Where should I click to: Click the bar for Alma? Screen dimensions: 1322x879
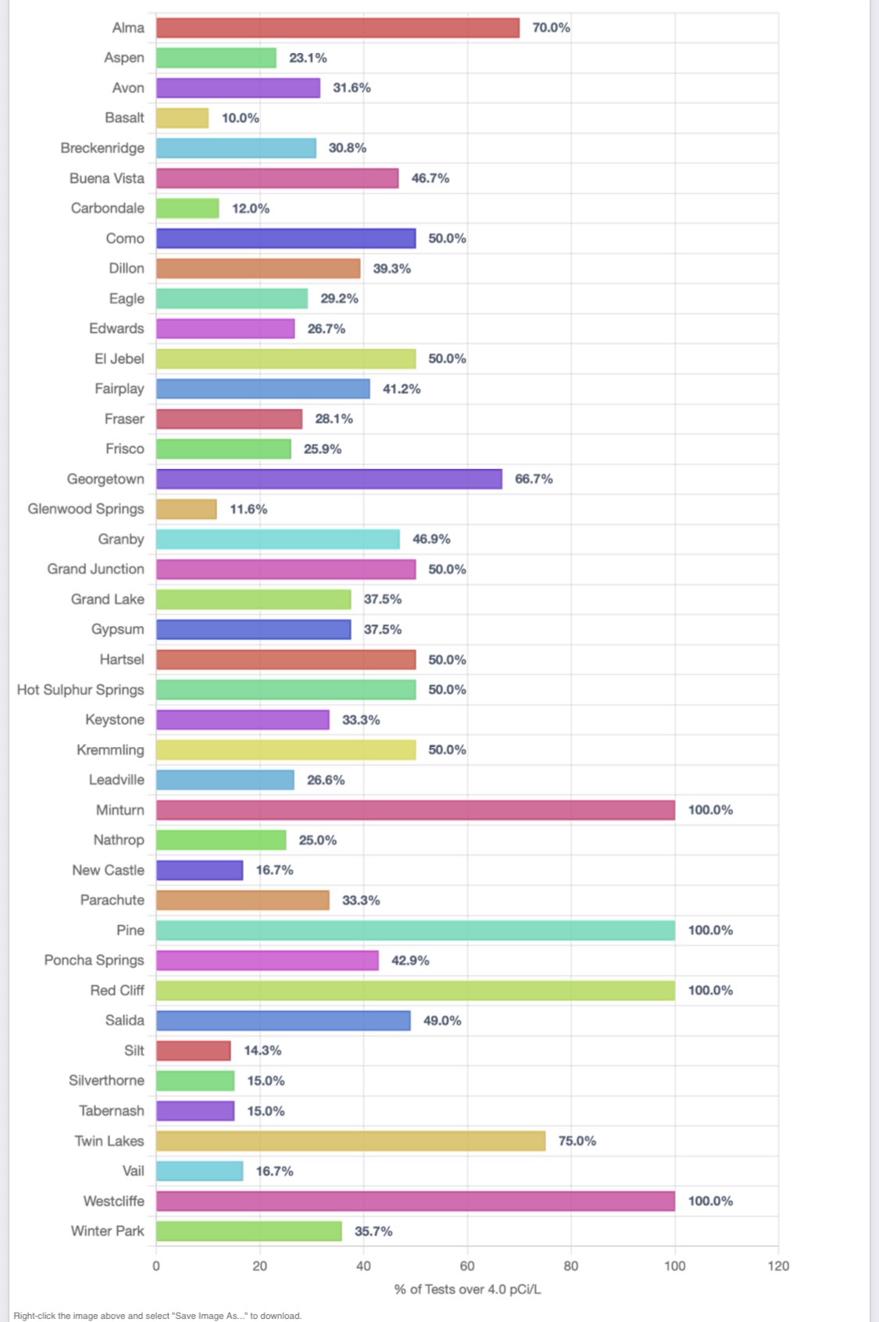[x=338, y=28]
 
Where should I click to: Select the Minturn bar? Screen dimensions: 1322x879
[x=415, y=810]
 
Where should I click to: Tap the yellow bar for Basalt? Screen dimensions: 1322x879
[x=182, y=118]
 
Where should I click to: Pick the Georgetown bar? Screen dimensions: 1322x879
[x=329, y=479]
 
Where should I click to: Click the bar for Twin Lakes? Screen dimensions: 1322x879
[x=351, y=1141]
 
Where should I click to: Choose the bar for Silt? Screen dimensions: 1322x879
[x=193, y=1051]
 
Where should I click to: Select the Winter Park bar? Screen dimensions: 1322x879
[x=248, y=1231]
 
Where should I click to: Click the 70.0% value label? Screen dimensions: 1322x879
[x=551, y=28]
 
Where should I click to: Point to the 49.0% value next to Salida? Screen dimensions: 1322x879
[x=442, y=1020]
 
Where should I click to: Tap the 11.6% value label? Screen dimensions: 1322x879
[x=248, y=509]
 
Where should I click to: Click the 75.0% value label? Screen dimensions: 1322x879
[x=577, y=1141]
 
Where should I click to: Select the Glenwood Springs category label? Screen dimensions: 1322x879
[x=86, y=509]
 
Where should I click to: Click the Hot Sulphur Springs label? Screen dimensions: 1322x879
[x=80, y=690]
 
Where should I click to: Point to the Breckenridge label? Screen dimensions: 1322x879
[x=102, y=148]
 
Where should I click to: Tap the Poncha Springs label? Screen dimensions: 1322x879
[x=94, y=960]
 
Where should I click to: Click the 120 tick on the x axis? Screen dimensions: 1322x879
[x=778, y=1266]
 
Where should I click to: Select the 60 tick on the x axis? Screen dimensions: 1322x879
[x=467, y=1266]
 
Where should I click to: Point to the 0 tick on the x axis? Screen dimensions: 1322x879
[x=156, y=1266]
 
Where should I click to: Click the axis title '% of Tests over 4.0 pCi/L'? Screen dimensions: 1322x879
[x=467, y=1289]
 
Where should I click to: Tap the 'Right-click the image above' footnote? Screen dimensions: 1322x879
[x=157, y=1316]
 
